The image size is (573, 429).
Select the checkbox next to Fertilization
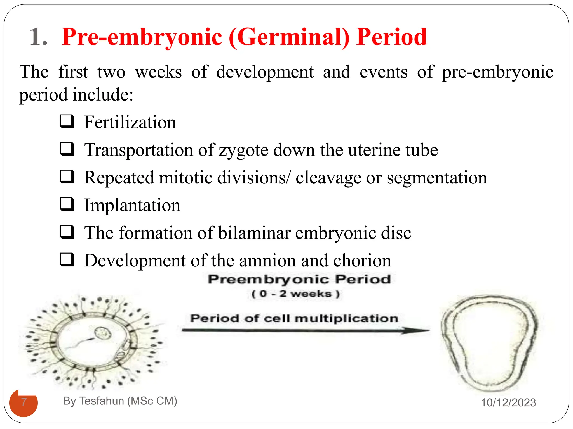pos(67,121)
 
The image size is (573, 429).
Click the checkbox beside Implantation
pos(67,204)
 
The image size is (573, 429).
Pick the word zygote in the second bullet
pos(243,151)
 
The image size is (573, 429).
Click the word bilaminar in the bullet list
pos(254,233)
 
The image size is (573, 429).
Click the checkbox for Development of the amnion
pos(67,259)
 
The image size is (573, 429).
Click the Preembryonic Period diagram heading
pos(299,279)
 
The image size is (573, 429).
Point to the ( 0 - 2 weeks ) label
pos(295,294)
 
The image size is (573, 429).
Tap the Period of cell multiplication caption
pos(294,318)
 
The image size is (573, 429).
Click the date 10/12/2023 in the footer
pos(508,402)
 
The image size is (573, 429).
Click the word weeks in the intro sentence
pos(158,72)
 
